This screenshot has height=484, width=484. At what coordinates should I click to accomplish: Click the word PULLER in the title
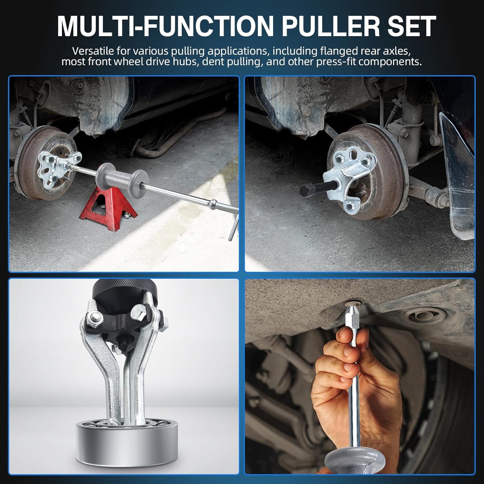[x=331, y=26]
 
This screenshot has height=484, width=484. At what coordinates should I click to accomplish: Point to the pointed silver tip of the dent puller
[x=350, y=314]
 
